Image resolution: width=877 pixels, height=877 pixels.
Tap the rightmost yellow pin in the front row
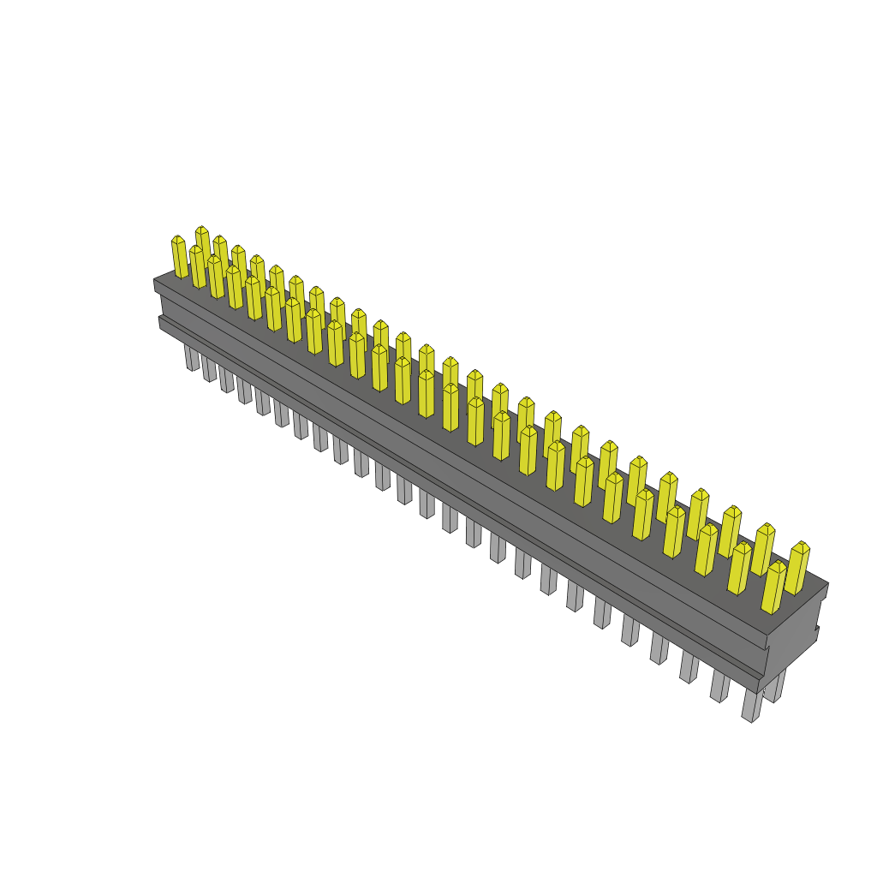773,588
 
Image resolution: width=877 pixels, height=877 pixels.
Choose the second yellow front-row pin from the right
739,569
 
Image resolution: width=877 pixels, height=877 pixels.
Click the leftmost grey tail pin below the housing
191,358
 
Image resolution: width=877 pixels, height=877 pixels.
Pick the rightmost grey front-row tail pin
751,706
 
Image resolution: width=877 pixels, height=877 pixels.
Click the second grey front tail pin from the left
209,369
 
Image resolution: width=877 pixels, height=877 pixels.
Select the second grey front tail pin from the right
720,687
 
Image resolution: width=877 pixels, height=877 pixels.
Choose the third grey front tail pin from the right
690,668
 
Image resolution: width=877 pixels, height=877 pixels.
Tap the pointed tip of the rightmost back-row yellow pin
801,545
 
